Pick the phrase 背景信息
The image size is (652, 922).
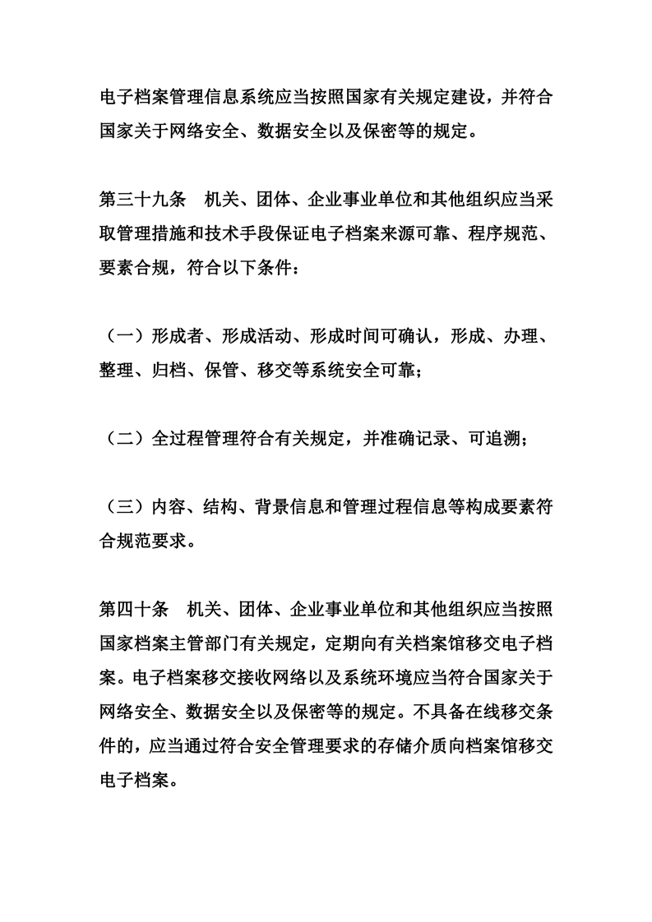pyautogui.click(x=305, y=509)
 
